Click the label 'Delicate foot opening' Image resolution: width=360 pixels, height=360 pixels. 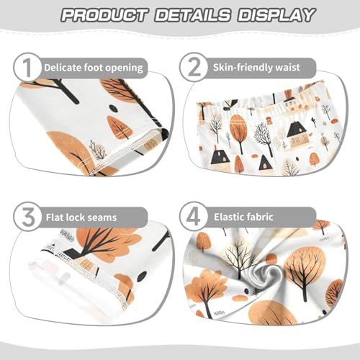click(94, 68)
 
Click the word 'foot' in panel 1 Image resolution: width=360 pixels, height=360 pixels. click(97, 68)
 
